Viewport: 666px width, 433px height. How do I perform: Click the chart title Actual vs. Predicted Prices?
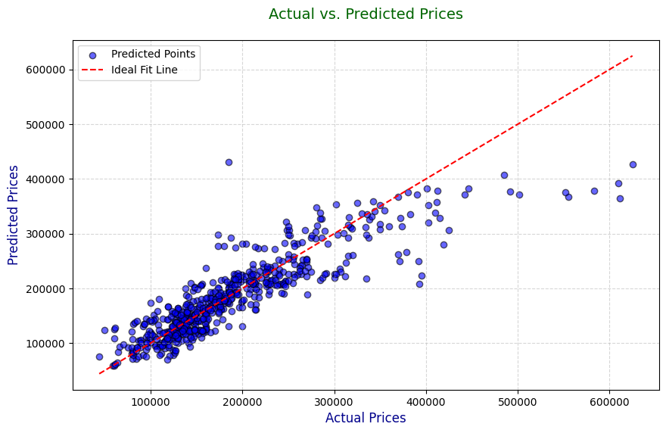tap(366, 14)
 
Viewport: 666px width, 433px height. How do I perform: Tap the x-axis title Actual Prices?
tap(366, 418)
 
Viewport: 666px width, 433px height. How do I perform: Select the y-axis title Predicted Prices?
tap(14, 215)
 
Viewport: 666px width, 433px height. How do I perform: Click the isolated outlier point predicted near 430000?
tap(229, 162)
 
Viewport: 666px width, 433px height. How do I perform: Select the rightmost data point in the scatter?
tap(633, 164)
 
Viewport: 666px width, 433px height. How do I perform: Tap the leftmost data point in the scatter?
tap(99, 357)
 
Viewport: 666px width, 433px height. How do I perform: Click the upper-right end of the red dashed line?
tap(633, 56)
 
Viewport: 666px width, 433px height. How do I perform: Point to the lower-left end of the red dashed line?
tap(99, 373)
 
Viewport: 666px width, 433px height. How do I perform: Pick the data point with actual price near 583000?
tap(594, 191)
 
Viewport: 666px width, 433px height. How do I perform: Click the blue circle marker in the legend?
tap(92, 55)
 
